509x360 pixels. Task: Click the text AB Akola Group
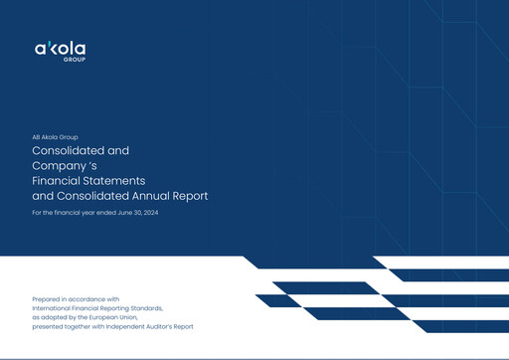pos(55,136)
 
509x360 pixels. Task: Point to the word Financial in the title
pos(58,181)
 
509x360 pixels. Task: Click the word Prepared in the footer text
pos(48,298)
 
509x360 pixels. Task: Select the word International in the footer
pos(56,307)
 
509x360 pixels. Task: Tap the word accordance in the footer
pos(86,298)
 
